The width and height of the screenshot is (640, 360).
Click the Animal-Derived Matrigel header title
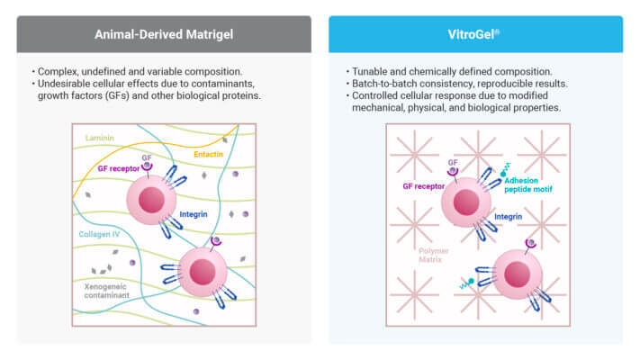pos(164,34)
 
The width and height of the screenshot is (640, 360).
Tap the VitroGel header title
pos(473,34)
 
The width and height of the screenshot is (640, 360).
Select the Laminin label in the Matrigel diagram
pos(100,138)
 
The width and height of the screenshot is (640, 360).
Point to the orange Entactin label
pos(208,154)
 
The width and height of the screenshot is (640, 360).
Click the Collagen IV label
pos(99,234)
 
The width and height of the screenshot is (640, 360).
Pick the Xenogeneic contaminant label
pos(106,291)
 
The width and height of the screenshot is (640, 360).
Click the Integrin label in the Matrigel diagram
pos(194,214)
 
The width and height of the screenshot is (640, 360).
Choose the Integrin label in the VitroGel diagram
pos(509,217)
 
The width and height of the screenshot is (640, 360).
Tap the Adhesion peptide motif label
pos(528,184)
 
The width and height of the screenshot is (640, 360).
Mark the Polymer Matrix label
pos(434,255)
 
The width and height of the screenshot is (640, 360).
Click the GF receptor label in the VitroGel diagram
pos(424,186)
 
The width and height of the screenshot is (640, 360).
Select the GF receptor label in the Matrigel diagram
pos(118,168)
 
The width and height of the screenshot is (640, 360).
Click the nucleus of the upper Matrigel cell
pos(151,200)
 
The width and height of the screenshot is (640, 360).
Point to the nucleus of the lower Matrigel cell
pos(203,272)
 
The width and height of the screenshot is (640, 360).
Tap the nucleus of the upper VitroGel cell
pos(466,202)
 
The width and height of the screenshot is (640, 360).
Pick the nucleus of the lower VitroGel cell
pos(518,274)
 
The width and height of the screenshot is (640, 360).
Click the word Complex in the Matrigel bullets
pos(58,72)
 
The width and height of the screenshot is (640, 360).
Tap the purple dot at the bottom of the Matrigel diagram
pos(196,311)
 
